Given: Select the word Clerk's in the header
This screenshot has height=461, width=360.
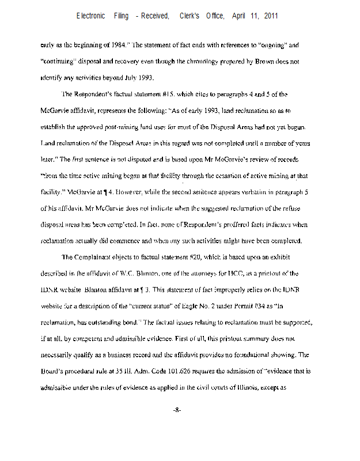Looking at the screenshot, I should (191, 16).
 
